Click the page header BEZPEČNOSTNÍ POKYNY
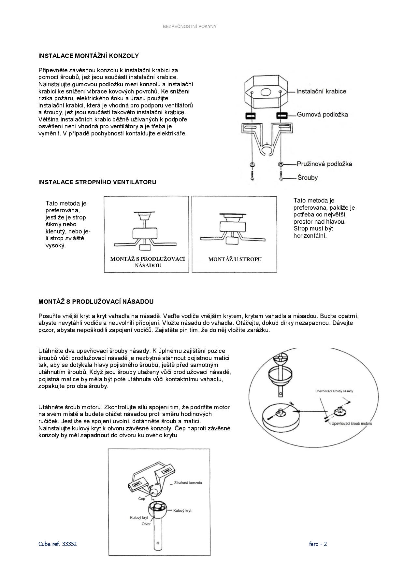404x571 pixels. point(190,26)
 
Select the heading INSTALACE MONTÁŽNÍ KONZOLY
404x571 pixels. point(89,56)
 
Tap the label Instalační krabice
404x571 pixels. point(321,91)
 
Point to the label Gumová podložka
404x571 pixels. point(322,114)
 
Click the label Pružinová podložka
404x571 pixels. point(324,164)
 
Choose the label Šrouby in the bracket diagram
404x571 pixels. point(307,178)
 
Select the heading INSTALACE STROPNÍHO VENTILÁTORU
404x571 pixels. point(97,182)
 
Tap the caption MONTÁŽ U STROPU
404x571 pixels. point(235,259)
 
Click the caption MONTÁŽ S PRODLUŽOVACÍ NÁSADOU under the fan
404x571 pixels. point(148,262)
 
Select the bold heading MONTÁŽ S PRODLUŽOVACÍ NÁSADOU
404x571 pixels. point(96,302)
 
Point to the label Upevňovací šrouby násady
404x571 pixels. point(334,391)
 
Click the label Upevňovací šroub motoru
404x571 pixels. point(352,424)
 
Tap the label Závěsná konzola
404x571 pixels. point(188,482)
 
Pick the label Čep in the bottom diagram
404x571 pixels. point(142,498)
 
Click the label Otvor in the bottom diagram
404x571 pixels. point(146,524)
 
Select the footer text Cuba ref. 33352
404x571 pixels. point(58,544)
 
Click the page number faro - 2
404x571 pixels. point(318,544)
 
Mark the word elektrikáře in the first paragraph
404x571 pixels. point(172,133)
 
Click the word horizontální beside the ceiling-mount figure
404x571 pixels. point(310,236)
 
